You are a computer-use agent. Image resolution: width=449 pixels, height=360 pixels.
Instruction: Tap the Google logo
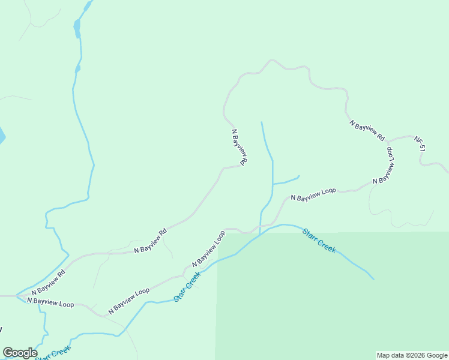20,353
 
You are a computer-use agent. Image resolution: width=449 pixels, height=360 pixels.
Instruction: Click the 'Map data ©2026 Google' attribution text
412,355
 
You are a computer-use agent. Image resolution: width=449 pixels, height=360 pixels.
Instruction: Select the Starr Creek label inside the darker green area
319,240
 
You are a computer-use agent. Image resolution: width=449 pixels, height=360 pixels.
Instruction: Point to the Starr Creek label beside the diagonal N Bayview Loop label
187,287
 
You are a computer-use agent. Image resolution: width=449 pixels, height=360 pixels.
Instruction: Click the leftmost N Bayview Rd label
44,282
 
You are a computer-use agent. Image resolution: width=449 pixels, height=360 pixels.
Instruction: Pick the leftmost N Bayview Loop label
50,303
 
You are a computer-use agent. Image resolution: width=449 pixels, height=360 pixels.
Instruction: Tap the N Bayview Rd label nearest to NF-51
367,130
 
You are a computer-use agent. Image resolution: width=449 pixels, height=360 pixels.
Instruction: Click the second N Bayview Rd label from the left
150,241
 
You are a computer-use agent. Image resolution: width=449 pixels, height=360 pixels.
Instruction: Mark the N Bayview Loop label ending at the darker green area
208,248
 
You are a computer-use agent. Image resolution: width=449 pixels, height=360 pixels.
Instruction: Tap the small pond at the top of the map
77,27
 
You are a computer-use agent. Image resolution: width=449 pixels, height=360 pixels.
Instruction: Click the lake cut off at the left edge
2,135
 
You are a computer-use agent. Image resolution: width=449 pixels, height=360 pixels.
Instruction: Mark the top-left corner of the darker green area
217,233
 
